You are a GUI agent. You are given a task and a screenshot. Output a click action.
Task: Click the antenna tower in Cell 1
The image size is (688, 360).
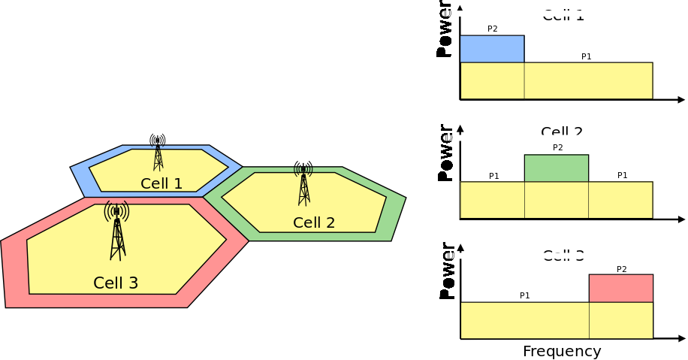[x=158, y=153]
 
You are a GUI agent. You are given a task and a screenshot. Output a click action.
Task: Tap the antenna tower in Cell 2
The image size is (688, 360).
[x=303, y=183]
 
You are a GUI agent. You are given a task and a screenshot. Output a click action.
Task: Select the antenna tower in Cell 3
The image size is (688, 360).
[x=117, y=231]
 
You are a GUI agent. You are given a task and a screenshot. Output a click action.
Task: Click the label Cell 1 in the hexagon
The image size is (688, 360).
[x=161, y=183]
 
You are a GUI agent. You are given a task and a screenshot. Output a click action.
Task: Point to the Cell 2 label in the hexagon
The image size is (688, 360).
[x=314, y=222]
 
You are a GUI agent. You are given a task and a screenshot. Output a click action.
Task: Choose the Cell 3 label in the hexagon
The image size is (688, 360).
[x=116, y=283]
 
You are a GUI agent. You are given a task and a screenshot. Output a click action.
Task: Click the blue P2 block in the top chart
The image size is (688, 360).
[x=492, y=49]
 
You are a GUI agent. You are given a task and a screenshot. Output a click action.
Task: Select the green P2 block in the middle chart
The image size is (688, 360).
[x=556, y=168]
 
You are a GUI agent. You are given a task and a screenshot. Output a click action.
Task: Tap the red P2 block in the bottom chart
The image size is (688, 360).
[x=621, y=288]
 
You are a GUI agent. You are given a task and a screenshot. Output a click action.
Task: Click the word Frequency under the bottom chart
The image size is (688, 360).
[x=562, y=352]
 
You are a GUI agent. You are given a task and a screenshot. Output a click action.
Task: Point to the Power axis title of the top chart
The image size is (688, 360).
[x=445, y=30]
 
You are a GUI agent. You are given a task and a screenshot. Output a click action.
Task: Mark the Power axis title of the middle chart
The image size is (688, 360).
[x=445, y=153]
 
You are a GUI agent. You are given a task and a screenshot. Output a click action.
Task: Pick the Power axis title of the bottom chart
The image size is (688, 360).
[x=447, y=271]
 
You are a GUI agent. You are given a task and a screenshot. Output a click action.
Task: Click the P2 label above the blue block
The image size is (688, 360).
[x=493, y=29]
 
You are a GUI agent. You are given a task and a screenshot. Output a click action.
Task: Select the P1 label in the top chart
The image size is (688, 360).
[x=587, y=56]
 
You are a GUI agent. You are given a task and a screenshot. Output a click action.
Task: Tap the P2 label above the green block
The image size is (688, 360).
[x=557, y=147]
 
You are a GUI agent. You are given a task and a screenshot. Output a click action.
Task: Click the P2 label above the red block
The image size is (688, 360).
[x=621, y=269]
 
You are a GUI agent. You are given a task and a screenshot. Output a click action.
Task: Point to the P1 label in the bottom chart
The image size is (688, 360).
[x=524, y=295]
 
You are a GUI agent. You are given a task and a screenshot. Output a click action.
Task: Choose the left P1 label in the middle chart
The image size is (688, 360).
[x=494, y=176]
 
